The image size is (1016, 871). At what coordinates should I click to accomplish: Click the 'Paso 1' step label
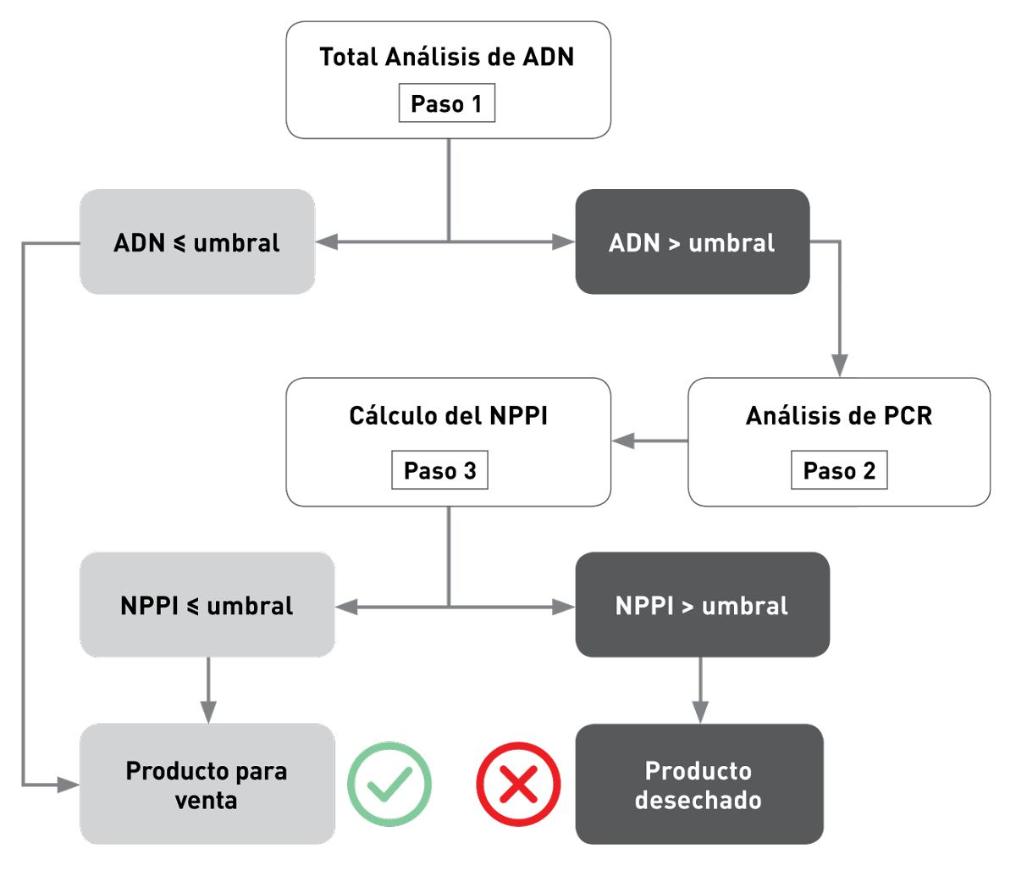click(x=446, y=103)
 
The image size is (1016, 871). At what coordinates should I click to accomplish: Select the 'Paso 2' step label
click(x=839, y=471)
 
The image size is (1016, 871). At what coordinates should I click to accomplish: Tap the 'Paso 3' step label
click(x=439, y=471)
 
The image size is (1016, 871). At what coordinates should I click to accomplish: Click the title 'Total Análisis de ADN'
click(x=447, y=57)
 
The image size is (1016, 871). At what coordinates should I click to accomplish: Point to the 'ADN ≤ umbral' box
click(x=197, y=242)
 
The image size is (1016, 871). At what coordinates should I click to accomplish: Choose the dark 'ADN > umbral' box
click(x=692, y=242)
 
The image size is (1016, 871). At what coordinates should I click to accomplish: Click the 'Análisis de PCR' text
click(x=838, y=416)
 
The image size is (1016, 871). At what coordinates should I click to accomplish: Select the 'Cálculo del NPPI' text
click(x=448, y=416)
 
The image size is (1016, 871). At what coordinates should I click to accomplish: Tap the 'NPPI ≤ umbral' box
click(x=207, y=605)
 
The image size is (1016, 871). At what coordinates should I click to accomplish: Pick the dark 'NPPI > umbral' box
click(x=702, y=605)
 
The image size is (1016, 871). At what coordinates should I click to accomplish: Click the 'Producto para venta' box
click(x=207, y=785)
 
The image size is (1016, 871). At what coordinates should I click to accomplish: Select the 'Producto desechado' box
click(x=698, y=785)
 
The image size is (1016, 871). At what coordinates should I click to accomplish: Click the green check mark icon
click(x=389, y=785)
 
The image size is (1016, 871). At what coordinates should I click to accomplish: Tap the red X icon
click(x=518, y=785)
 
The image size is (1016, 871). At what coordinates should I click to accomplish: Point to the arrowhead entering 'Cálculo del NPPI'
click(x=623, y=441)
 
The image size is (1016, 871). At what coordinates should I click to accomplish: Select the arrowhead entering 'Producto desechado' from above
click(x=699, y=713)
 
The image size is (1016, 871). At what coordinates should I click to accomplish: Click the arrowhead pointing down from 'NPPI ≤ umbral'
click(x=207, y=713)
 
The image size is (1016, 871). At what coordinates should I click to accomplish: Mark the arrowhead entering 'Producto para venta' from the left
click(x=69, y=785)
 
